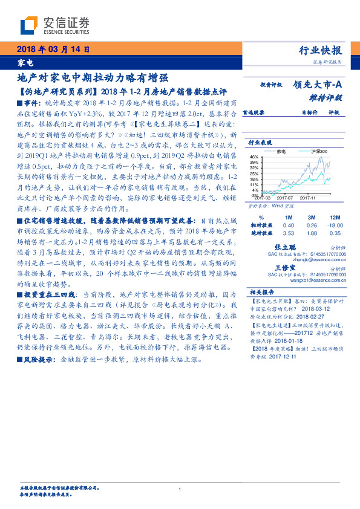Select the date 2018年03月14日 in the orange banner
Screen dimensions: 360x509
(53, 49)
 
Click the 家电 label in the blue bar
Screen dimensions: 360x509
(25, 63)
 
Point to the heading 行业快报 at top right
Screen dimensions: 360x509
(320, 50)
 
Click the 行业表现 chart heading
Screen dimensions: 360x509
(259, 143)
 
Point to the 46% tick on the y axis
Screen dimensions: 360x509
(254, 157)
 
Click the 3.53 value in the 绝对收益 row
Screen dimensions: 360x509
(288, 232)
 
